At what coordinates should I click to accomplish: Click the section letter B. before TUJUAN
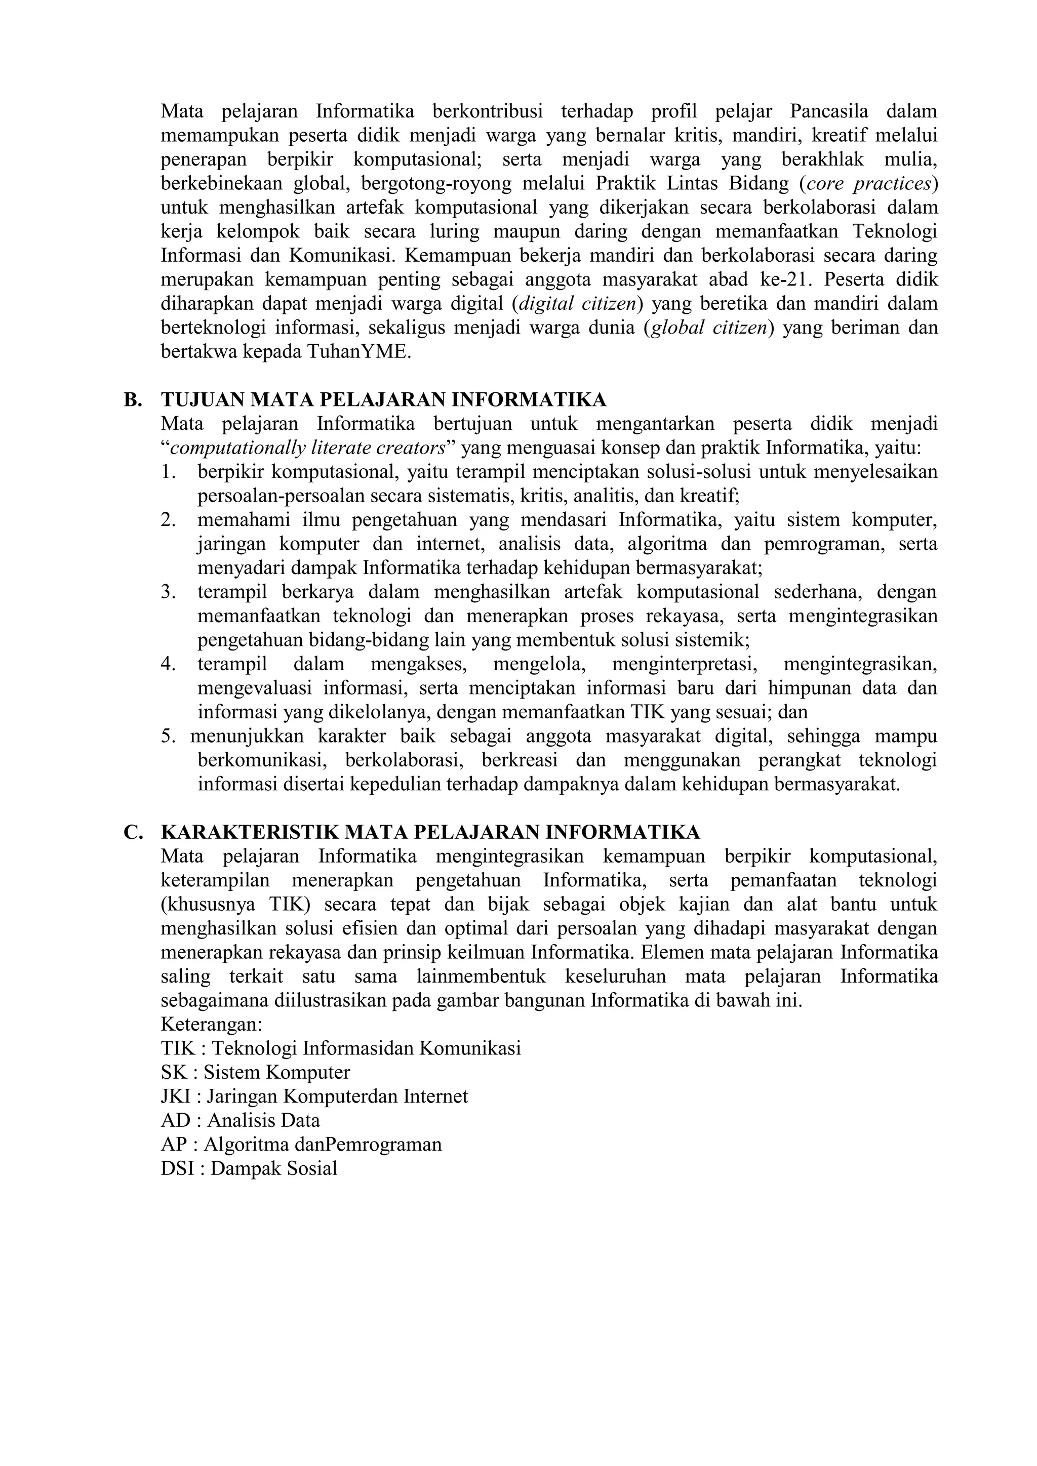(132, 400)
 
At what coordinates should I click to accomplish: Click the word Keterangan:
(211, 1025)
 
